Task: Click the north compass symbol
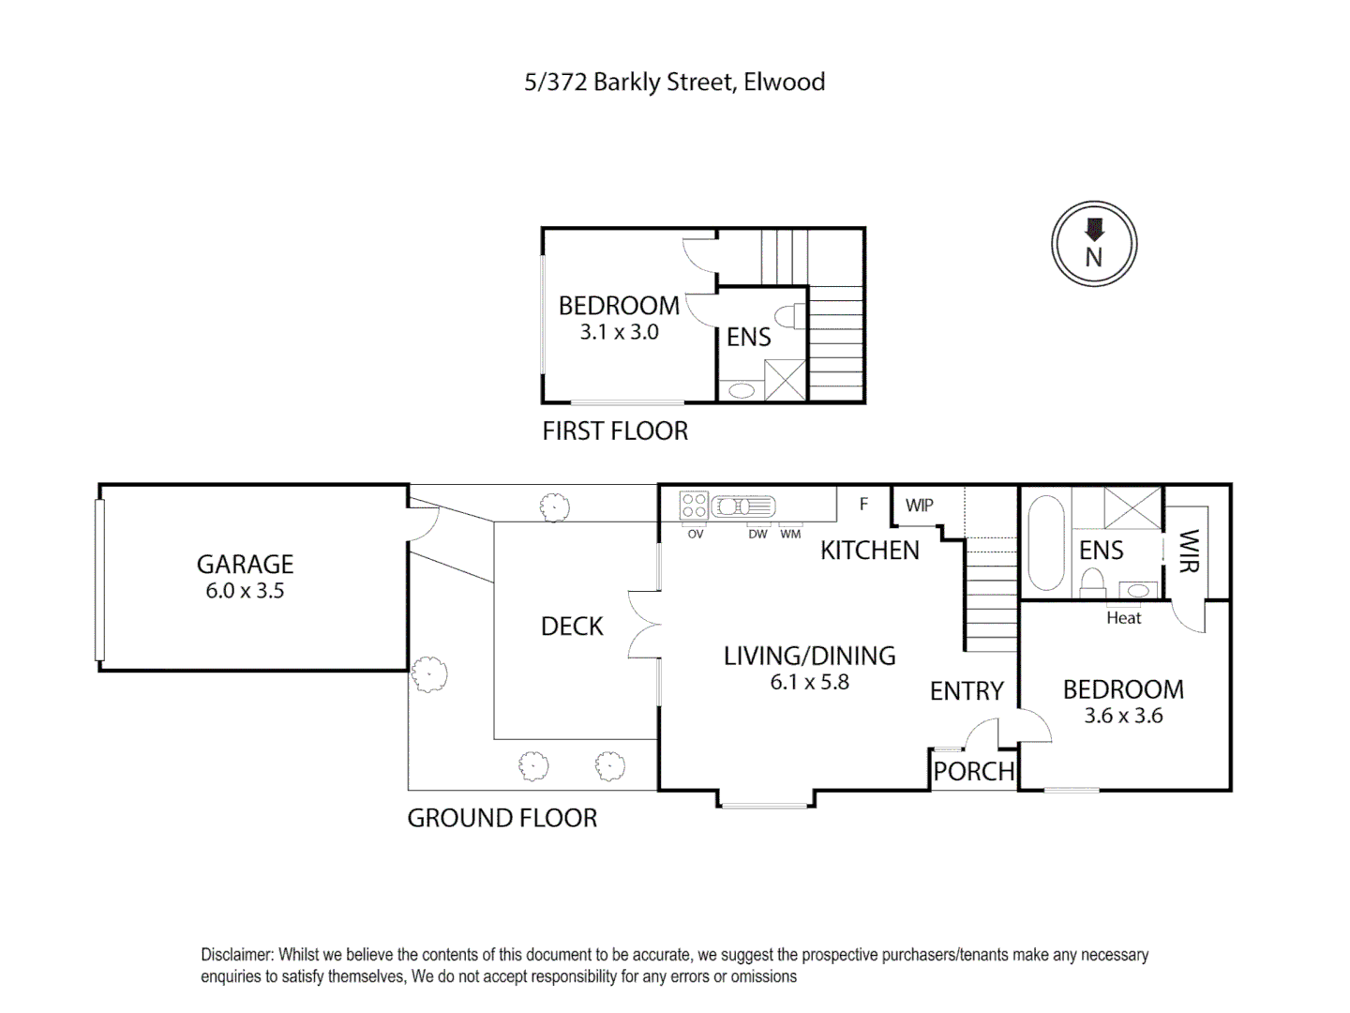[x=1093, y=244]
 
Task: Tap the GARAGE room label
[x=245, y=564]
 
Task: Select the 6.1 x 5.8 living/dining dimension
[x=809, y=683]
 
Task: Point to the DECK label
[x=572, y=627]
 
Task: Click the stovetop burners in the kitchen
[x=694, y=506]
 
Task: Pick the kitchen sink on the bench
[x=743, y=506]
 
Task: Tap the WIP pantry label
[x=919, y=506]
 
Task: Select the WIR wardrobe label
[x=1188, y=551]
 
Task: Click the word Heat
[x=1123, y=618]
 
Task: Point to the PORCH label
[x=973, y=771]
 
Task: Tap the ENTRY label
[x=967, y=691]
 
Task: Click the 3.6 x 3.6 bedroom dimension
[x=1123, y=716]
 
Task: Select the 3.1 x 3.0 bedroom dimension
[x=619, y=332]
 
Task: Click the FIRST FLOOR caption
[x=615, y=431]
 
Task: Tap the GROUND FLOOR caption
[x=502, y=818]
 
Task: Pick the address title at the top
[x=674, y=83]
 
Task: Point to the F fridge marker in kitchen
[x=863, y=505]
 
